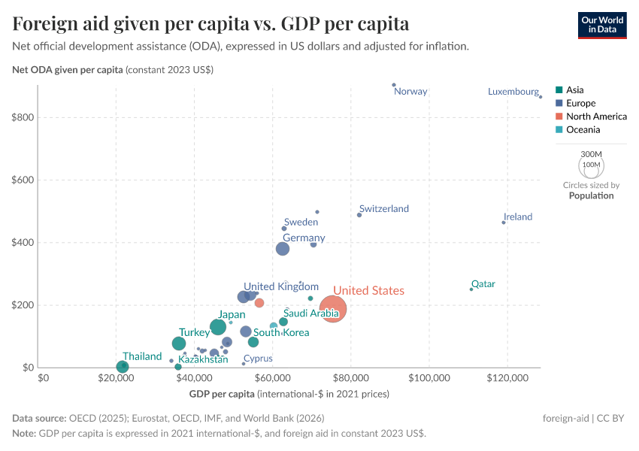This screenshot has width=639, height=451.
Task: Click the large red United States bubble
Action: coord(333,308)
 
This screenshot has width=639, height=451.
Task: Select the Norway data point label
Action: coord(410,92)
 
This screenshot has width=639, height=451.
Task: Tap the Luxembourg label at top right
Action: coord(513,92)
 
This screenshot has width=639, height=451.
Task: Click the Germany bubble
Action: coord(283,249)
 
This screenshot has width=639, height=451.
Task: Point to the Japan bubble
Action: coord(218,327)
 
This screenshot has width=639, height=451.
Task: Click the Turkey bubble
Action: coord(179,344)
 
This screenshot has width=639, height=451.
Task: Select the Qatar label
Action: coord(483,284)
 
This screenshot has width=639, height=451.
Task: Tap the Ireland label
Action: coord(517,217)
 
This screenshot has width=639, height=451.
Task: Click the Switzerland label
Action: coord(383,208)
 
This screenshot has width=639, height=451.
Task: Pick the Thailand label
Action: coord(142,356)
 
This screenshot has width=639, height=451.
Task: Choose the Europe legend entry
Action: coord(580,103)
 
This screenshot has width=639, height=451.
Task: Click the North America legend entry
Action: coord(596,117)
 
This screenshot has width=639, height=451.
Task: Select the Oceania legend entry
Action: coord(583,130)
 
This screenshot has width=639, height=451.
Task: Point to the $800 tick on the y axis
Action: coord(23,117)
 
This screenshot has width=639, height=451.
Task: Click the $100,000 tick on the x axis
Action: coord(430,377)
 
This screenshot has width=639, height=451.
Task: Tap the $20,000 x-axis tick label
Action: coord(116,377)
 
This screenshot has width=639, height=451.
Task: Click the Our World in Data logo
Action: coord(602,25)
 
